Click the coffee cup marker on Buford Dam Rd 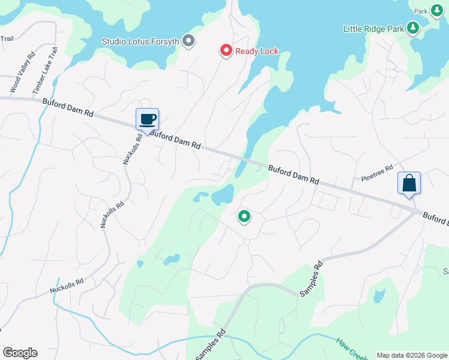[x=147, y=119]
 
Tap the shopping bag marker [x=409, y=183]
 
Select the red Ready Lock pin [x=226, y=51]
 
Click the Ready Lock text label [x=257, y=51]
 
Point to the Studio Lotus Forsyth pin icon [x=188, y=41]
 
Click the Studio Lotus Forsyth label [x=141, y=41]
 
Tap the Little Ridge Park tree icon [x=412, y=28]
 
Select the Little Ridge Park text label [x=373, y=28]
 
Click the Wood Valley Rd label [x=22, y=71]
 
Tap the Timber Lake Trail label [x=44, y=70]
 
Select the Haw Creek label [x=351, y=349]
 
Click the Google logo [x=20, y=353]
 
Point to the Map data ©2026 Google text [x=411, y=355]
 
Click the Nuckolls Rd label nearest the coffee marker [x=133, y=148]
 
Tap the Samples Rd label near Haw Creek [x=211, y=345]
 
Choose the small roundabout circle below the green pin [x=246, y=241]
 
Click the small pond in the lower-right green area [x=379, y=296]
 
